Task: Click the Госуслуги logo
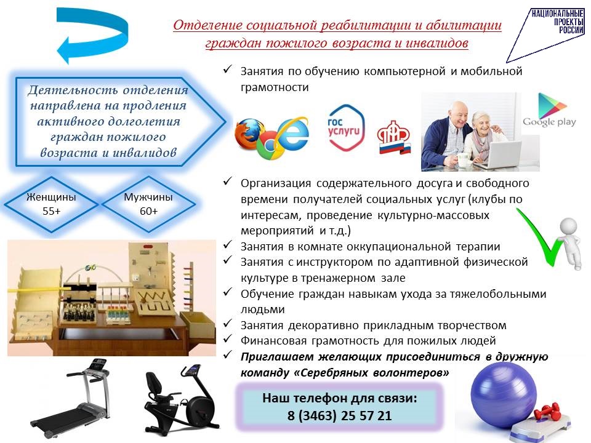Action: tap(345, 128)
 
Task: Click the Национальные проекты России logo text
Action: tap(558, 22)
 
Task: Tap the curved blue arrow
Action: tap(92, 34)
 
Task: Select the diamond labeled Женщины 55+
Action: tap(51, 204)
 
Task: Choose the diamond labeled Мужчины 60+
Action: tap(148, 204)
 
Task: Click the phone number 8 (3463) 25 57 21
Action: tap(340, 415)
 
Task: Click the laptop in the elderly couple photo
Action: tap(498, 155)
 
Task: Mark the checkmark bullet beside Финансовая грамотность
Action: tap(227, 338)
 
